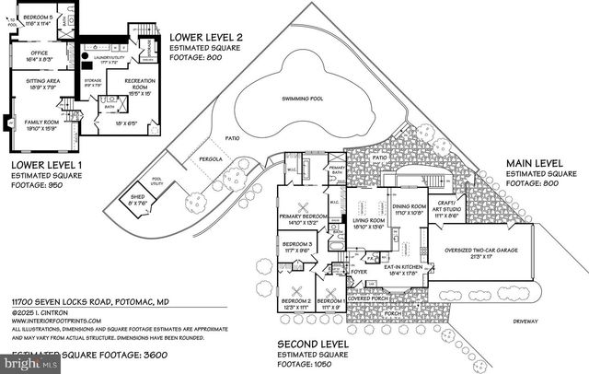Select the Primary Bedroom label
304,217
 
